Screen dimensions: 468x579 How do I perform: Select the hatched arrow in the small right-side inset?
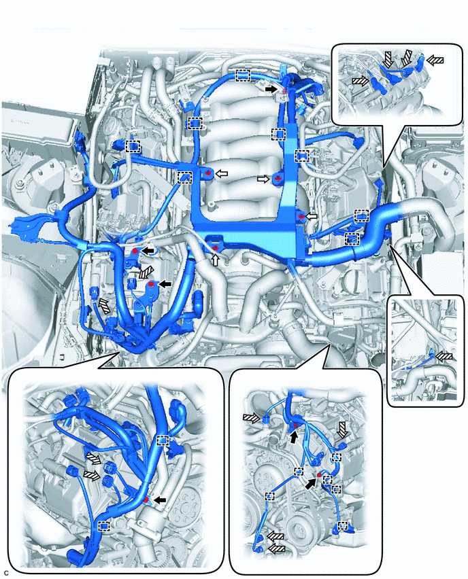(x=444, y=356)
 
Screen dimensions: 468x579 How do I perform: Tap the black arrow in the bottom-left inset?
(x=160, y=500)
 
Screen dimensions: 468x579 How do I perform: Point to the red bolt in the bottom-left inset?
(x=146, y=499)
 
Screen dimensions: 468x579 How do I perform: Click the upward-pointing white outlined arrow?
(x=215, y=260)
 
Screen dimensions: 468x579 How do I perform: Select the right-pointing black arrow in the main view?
(x=271, y=89)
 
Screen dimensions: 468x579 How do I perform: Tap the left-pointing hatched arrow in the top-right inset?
(x=435, y=59)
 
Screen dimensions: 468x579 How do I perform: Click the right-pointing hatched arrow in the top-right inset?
(x=360, y=81)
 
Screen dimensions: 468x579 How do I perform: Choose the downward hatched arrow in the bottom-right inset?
(x=342, y=429)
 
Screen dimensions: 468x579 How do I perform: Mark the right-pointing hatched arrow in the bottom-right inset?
(x=252, y=417)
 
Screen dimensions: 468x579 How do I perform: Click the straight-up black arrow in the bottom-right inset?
(x=293, y=437)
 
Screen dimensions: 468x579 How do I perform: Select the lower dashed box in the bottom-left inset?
(x=104, y=526)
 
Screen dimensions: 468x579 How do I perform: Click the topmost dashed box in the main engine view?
(x=244, y=75)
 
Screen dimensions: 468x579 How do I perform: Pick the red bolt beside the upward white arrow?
(x=216, y=248)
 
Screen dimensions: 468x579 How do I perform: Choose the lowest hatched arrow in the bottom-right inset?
(x=276, y=549)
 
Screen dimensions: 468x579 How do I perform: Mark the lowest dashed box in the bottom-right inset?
(x=343, y=525)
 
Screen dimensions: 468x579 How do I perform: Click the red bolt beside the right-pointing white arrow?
(x=278, y=179)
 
